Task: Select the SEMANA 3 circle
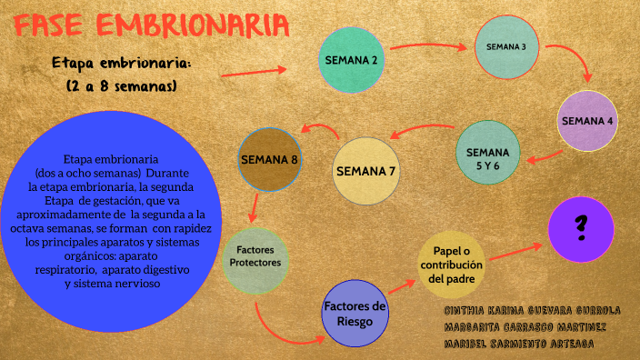(x=506, y=46)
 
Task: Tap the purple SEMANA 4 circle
(x=587, y=121)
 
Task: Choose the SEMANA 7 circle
(x=366, y=170)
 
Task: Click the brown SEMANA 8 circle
(x=269, y=160)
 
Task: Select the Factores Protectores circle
(x=255, y=257)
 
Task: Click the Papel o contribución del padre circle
(x=451, y=265)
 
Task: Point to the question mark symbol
(x=581, y=227)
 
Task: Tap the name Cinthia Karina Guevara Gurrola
(x=533, y=310)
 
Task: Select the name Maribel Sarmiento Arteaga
(x=520, y=345)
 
